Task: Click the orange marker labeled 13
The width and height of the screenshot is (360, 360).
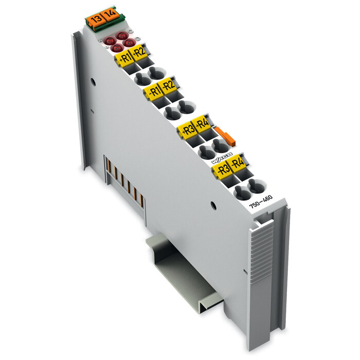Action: pos(95,20)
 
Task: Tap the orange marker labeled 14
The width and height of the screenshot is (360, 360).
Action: pos(108,16)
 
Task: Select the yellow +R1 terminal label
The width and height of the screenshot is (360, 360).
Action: pos(124,58)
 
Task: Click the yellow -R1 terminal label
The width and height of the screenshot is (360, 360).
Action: pos(153,92)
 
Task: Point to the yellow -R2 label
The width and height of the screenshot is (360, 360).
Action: pos(168,85)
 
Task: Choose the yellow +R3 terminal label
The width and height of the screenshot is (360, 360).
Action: pos(188,129)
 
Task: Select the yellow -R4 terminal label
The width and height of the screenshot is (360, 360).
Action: pos(237,164)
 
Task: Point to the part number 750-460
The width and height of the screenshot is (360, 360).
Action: pos(261,202)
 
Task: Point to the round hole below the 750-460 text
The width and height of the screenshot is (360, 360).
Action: pos(213,205)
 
